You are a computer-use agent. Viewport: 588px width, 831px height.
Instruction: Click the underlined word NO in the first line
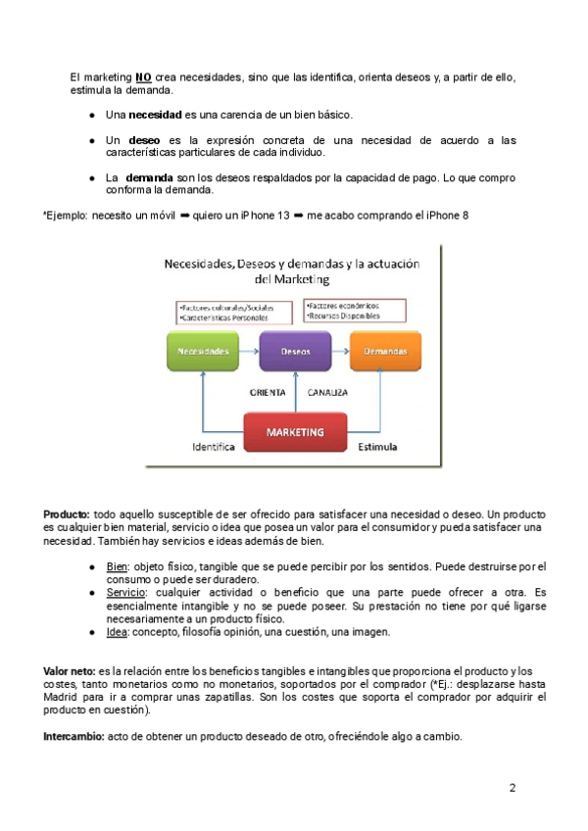(x=143, y=77)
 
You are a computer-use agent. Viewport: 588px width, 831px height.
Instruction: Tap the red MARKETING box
(x=295, y=432)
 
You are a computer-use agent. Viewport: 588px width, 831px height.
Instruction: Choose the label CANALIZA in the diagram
(x=327, y=392)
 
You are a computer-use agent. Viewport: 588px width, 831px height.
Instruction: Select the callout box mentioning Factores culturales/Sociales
(x=233, y=313)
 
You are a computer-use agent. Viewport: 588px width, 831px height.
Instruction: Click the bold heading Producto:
(x=67, y=514)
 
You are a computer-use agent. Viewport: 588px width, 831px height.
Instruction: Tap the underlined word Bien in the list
(x=117, y=566)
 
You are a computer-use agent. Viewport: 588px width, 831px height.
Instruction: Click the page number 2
(x=512, y=788)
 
